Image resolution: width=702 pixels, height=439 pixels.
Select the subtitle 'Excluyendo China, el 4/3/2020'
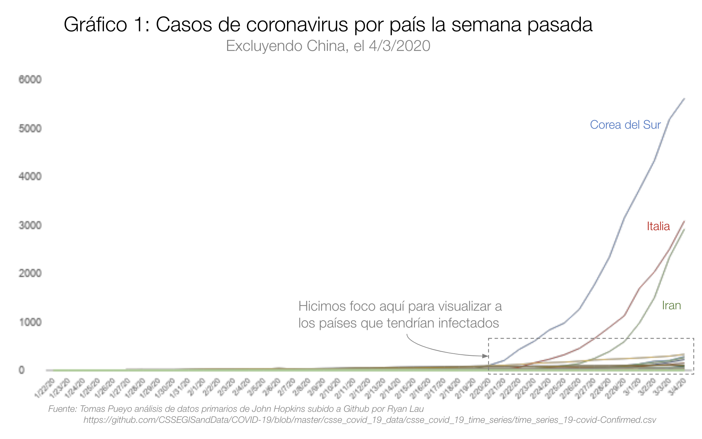pos(328,46)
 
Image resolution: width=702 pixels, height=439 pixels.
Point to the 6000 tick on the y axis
pos(30,79)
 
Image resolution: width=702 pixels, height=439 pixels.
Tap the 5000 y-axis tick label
pos(30,128)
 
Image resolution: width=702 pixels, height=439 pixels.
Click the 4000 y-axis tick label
pos(30,176)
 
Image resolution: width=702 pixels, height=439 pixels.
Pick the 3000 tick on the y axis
pos(30,225)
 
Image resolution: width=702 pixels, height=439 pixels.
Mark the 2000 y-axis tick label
pos(30,274)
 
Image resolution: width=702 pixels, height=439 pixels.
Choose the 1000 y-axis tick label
pos(30,322)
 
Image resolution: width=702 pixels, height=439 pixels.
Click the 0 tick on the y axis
pos(22,370)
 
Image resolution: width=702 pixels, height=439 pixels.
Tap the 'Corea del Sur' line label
pos(625,125)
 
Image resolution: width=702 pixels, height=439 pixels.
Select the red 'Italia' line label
pos(658,226)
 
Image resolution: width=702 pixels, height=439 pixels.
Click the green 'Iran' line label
pos(671,306)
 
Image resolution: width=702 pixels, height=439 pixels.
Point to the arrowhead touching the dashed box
pos(486,356)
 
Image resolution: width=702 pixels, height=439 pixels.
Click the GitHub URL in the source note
pos(370,420)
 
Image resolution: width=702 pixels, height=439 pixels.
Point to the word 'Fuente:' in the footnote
pos(62,409)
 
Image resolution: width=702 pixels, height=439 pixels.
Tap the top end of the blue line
pos(684,99)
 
